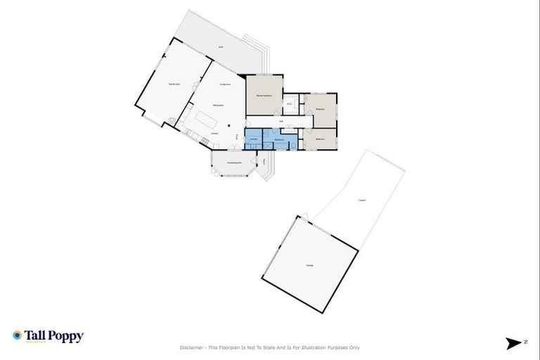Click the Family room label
tap(174, 84)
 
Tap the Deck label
tap(221, 47)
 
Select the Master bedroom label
tap(264, 95)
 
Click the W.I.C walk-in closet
tap(289, 105)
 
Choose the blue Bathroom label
tap(279, 140)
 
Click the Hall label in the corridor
tap(281, 122)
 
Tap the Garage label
tap(309, 265)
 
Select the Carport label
tap(361, 200)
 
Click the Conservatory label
tap(234, 164)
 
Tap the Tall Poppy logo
tap(48, 337)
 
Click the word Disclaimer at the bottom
tap(191, 347)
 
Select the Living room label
tap(226, 85)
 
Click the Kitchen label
tap(214, 133)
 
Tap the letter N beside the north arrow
tap(525, 342)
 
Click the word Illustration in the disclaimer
tap(310, 347)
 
